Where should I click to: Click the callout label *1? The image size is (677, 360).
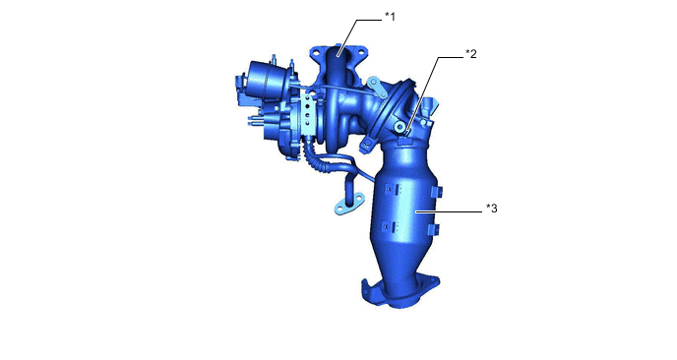390,18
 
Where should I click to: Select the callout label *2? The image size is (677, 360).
470,54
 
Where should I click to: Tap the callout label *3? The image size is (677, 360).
492,209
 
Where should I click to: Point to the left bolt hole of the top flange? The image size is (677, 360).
316,52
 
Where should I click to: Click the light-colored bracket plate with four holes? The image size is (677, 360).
307,115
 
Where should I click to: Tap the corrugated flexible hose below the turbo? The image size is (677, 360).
310,155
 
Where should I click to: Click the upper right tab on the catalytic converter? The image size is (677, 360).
437,192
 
